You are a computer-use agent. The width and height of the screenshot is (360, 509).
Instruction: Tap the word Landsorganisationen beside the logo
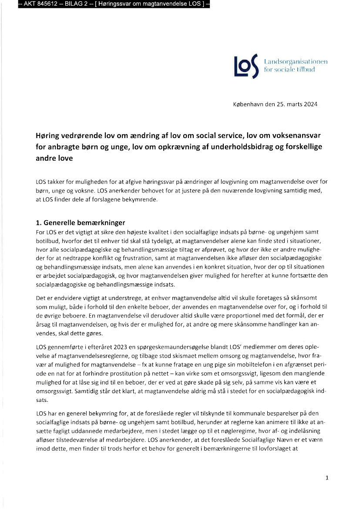pyautogui.click(x=296, y=61)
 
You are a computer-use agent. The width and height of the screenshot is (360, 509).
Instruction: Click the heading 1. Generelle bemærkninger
pyautogui.click(x=81, y=223)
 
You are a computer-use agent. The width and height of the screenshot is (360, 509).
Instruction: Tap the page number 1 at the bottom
pyautogui.click(x=326, y=478)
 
